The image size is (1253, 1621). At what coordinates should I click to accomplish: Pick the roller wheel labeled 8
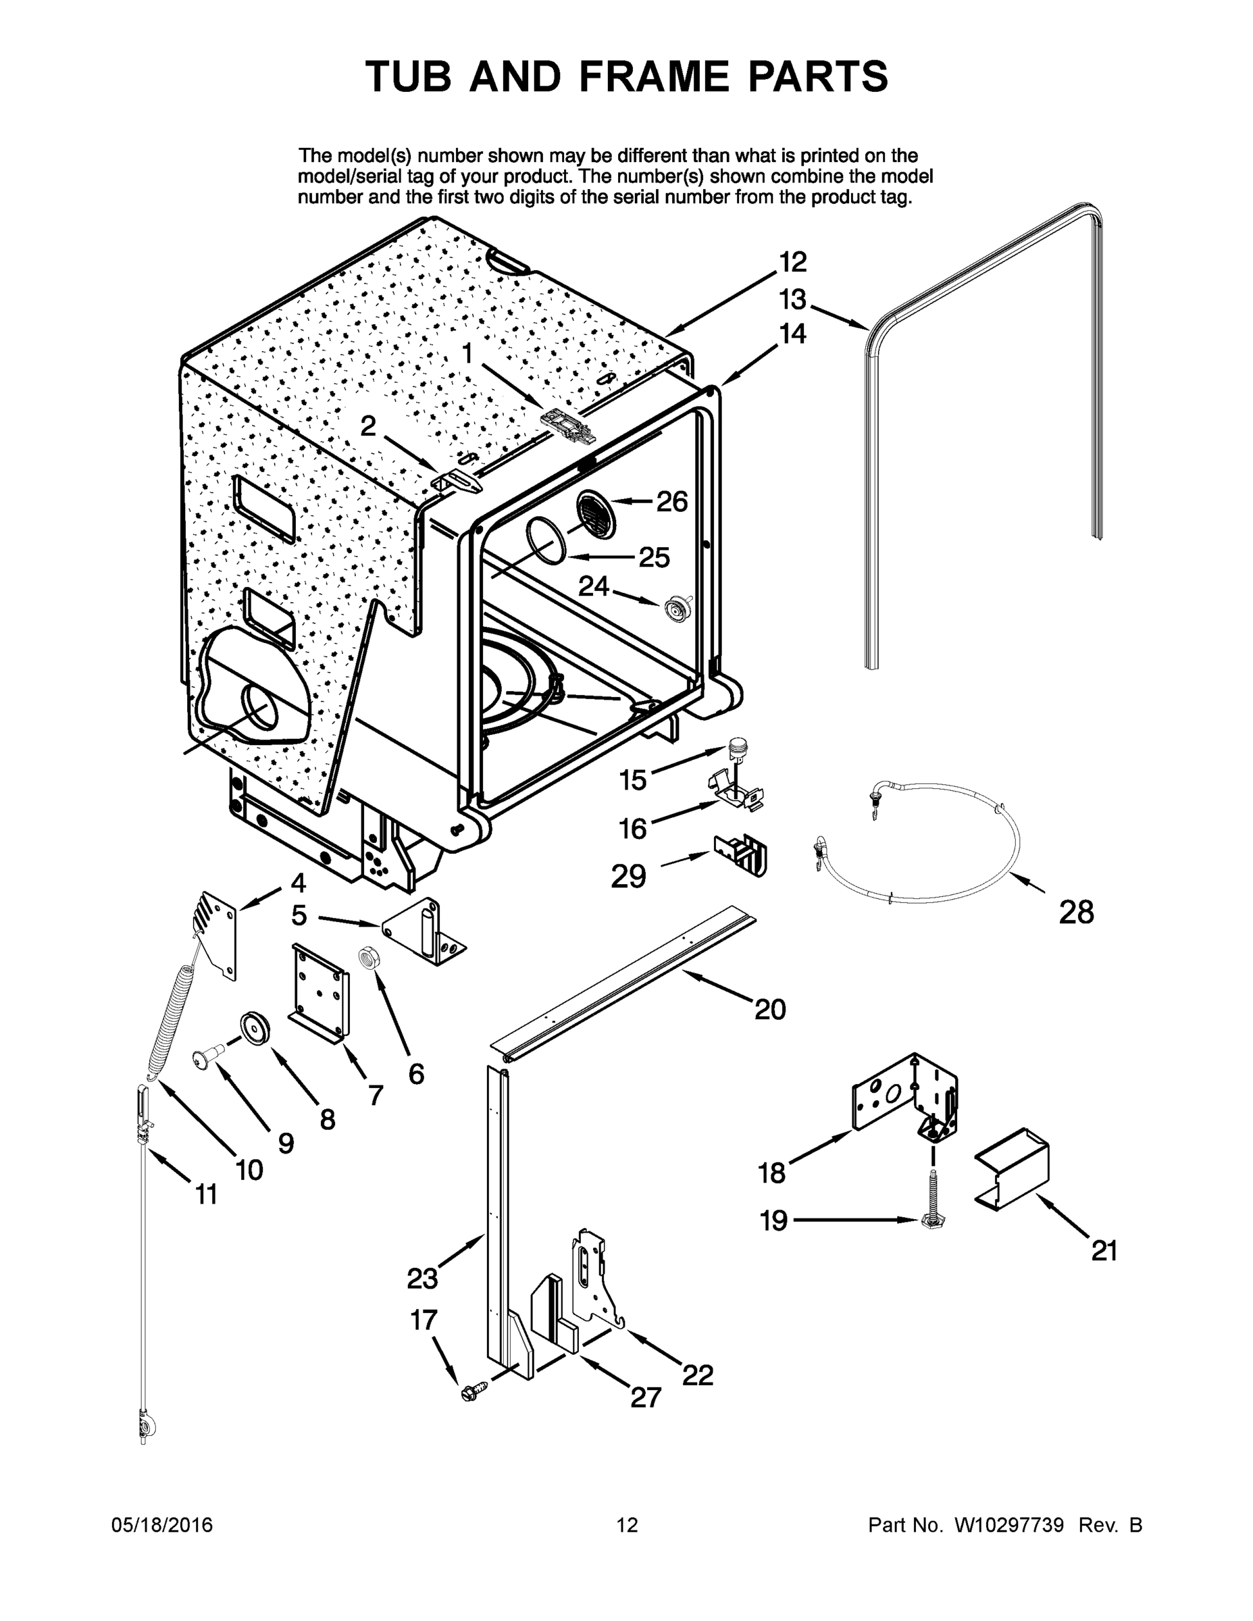click(x=254, y=1029)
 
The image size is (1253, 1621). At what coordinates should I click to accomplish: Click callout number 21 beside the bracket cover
click(x=1104, y=1251)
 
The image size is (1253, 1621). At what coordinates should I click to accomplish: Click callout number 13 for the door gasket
click(x=792, y=300)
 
